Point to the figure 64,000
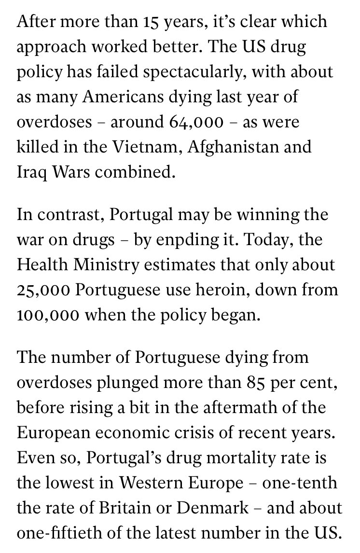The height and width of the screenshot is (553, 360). click(x=192, y=122)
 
